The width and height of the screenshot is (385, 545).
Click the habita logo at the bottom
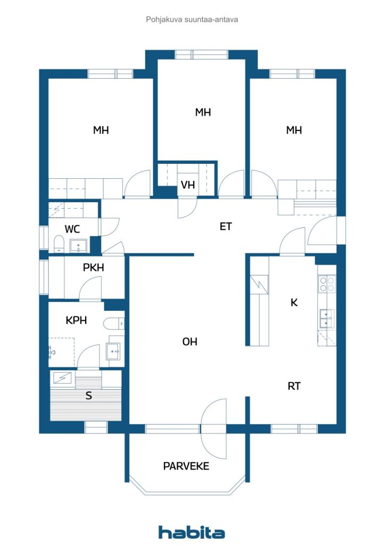(191, 532)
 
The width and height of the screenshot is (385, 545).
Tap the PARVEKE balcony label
(186, 466)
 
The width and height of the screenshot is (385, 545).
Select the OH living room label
(189, 342)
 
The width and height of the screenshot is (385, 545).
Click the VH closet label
(188, 185)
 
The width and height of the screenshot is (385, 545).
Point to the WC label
(72, 229)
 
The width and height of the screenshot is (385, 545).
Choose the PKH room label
(94, 267)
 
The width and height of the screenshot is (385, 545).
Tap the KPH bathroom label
(76, 320)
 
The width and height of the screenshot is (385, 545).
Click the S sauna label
(88, 395)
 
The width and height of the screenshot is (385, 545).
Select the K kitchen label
(294, 302)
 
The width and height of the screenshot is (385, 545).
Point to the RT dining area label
(294, 386)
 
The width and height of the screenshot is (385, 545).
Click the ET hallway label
(225, 227)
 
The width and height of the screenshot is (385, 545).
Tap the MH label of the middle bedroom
(203, 112)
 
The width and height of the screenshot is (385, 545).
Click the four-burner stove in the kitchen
(327, 284)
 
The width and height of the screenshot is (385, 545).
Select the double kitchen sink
(327, 319)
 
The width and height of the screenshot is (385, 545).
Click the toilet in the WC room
(59, 244)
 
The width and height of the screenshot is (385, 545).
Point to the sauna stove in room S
(63, 378)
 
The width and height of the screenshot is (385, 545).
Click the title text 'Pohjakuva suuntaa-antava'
(192, 20)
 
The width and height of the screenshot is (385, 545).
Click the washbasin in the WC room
(79, 246)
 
